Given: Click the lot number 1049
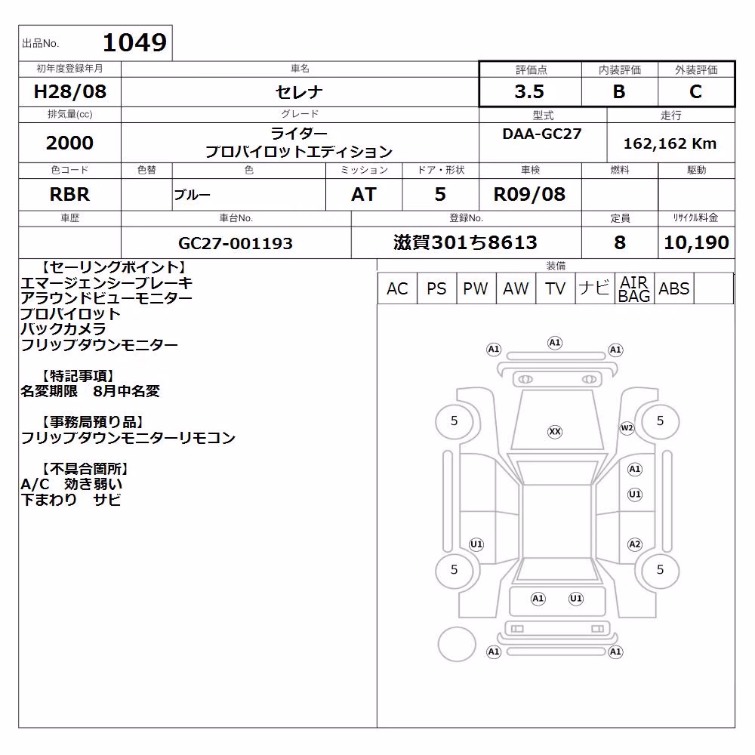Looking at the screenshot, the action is pos(135,42).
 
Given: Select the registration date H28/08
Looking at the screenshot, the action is pos(69,91).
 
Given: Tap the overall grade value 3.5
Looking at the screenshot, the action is pos(529,91).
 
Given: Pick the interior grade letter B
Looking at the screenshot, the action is pos(619,91).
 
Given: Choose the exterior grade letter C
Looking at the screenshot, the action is pos(695,91).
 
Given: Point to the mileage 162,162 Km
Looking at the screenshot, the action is pos(670,143).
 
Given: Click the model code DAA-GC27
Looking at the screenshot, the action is pos(541,134).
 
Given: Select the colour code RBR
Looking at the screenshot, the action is pos(69,195).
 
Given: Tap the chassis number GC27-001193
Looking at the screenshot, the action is pos(236,243).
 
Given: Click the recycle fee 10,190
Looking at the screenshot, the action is pos(696,242).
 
